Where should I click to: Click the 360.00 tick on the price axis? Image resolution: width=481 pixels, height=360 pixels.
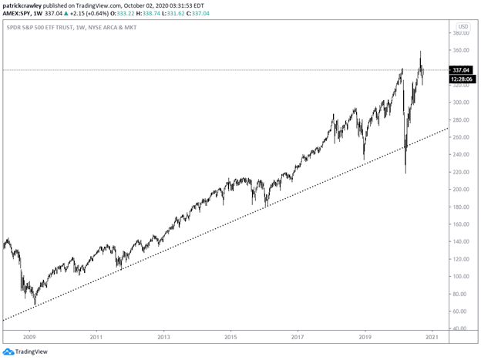(x=461, y=51)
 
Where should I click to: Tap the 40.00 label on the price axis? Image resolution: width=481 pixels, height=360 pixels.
(x=461, y=328)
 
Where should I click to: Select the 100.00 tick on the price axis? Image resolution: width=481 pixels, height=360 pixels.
(x=461, y=277)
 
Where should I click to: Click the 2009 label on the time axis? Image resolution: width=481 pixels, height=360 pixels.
(x=29, y=337)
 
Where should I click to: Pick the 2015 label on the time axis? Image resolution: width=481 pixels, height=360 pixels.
(x=230, y=337)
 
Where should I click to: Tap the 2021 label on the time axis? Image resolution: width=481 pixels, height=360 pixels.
(x=432, y=337)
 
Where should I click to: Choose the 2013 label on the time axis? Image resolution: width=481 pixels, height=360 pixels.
(x=163, y=337)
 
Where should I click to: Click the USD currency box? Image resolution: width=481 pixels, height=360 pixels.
(x=462, y=25)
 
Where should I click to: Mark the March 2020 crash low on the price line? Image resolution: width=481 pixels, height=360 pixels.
(x=405, y=173)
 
